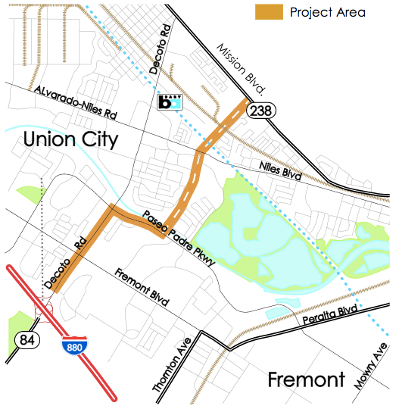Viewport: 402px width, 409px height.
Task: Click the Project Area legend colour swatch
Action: [x=269, y=12]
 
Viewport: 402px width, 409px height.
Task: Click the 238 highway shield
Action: [x=263, y=110]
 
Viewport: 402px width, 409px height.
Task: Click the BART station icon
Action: [x=170, y=102]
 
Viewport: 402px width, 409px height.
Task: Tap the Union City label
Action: [x=70, y=139]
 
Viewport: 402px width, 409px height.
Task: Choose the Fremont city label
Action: [x=307, y=379]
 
